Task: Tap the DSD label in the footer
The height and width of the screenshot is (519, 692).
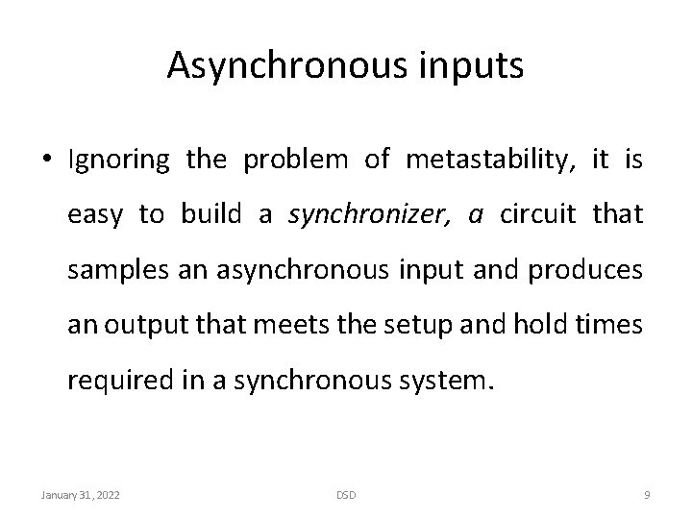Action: point(345,495)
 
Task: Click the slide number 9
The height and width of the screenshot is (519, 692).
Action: point(648,495)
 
